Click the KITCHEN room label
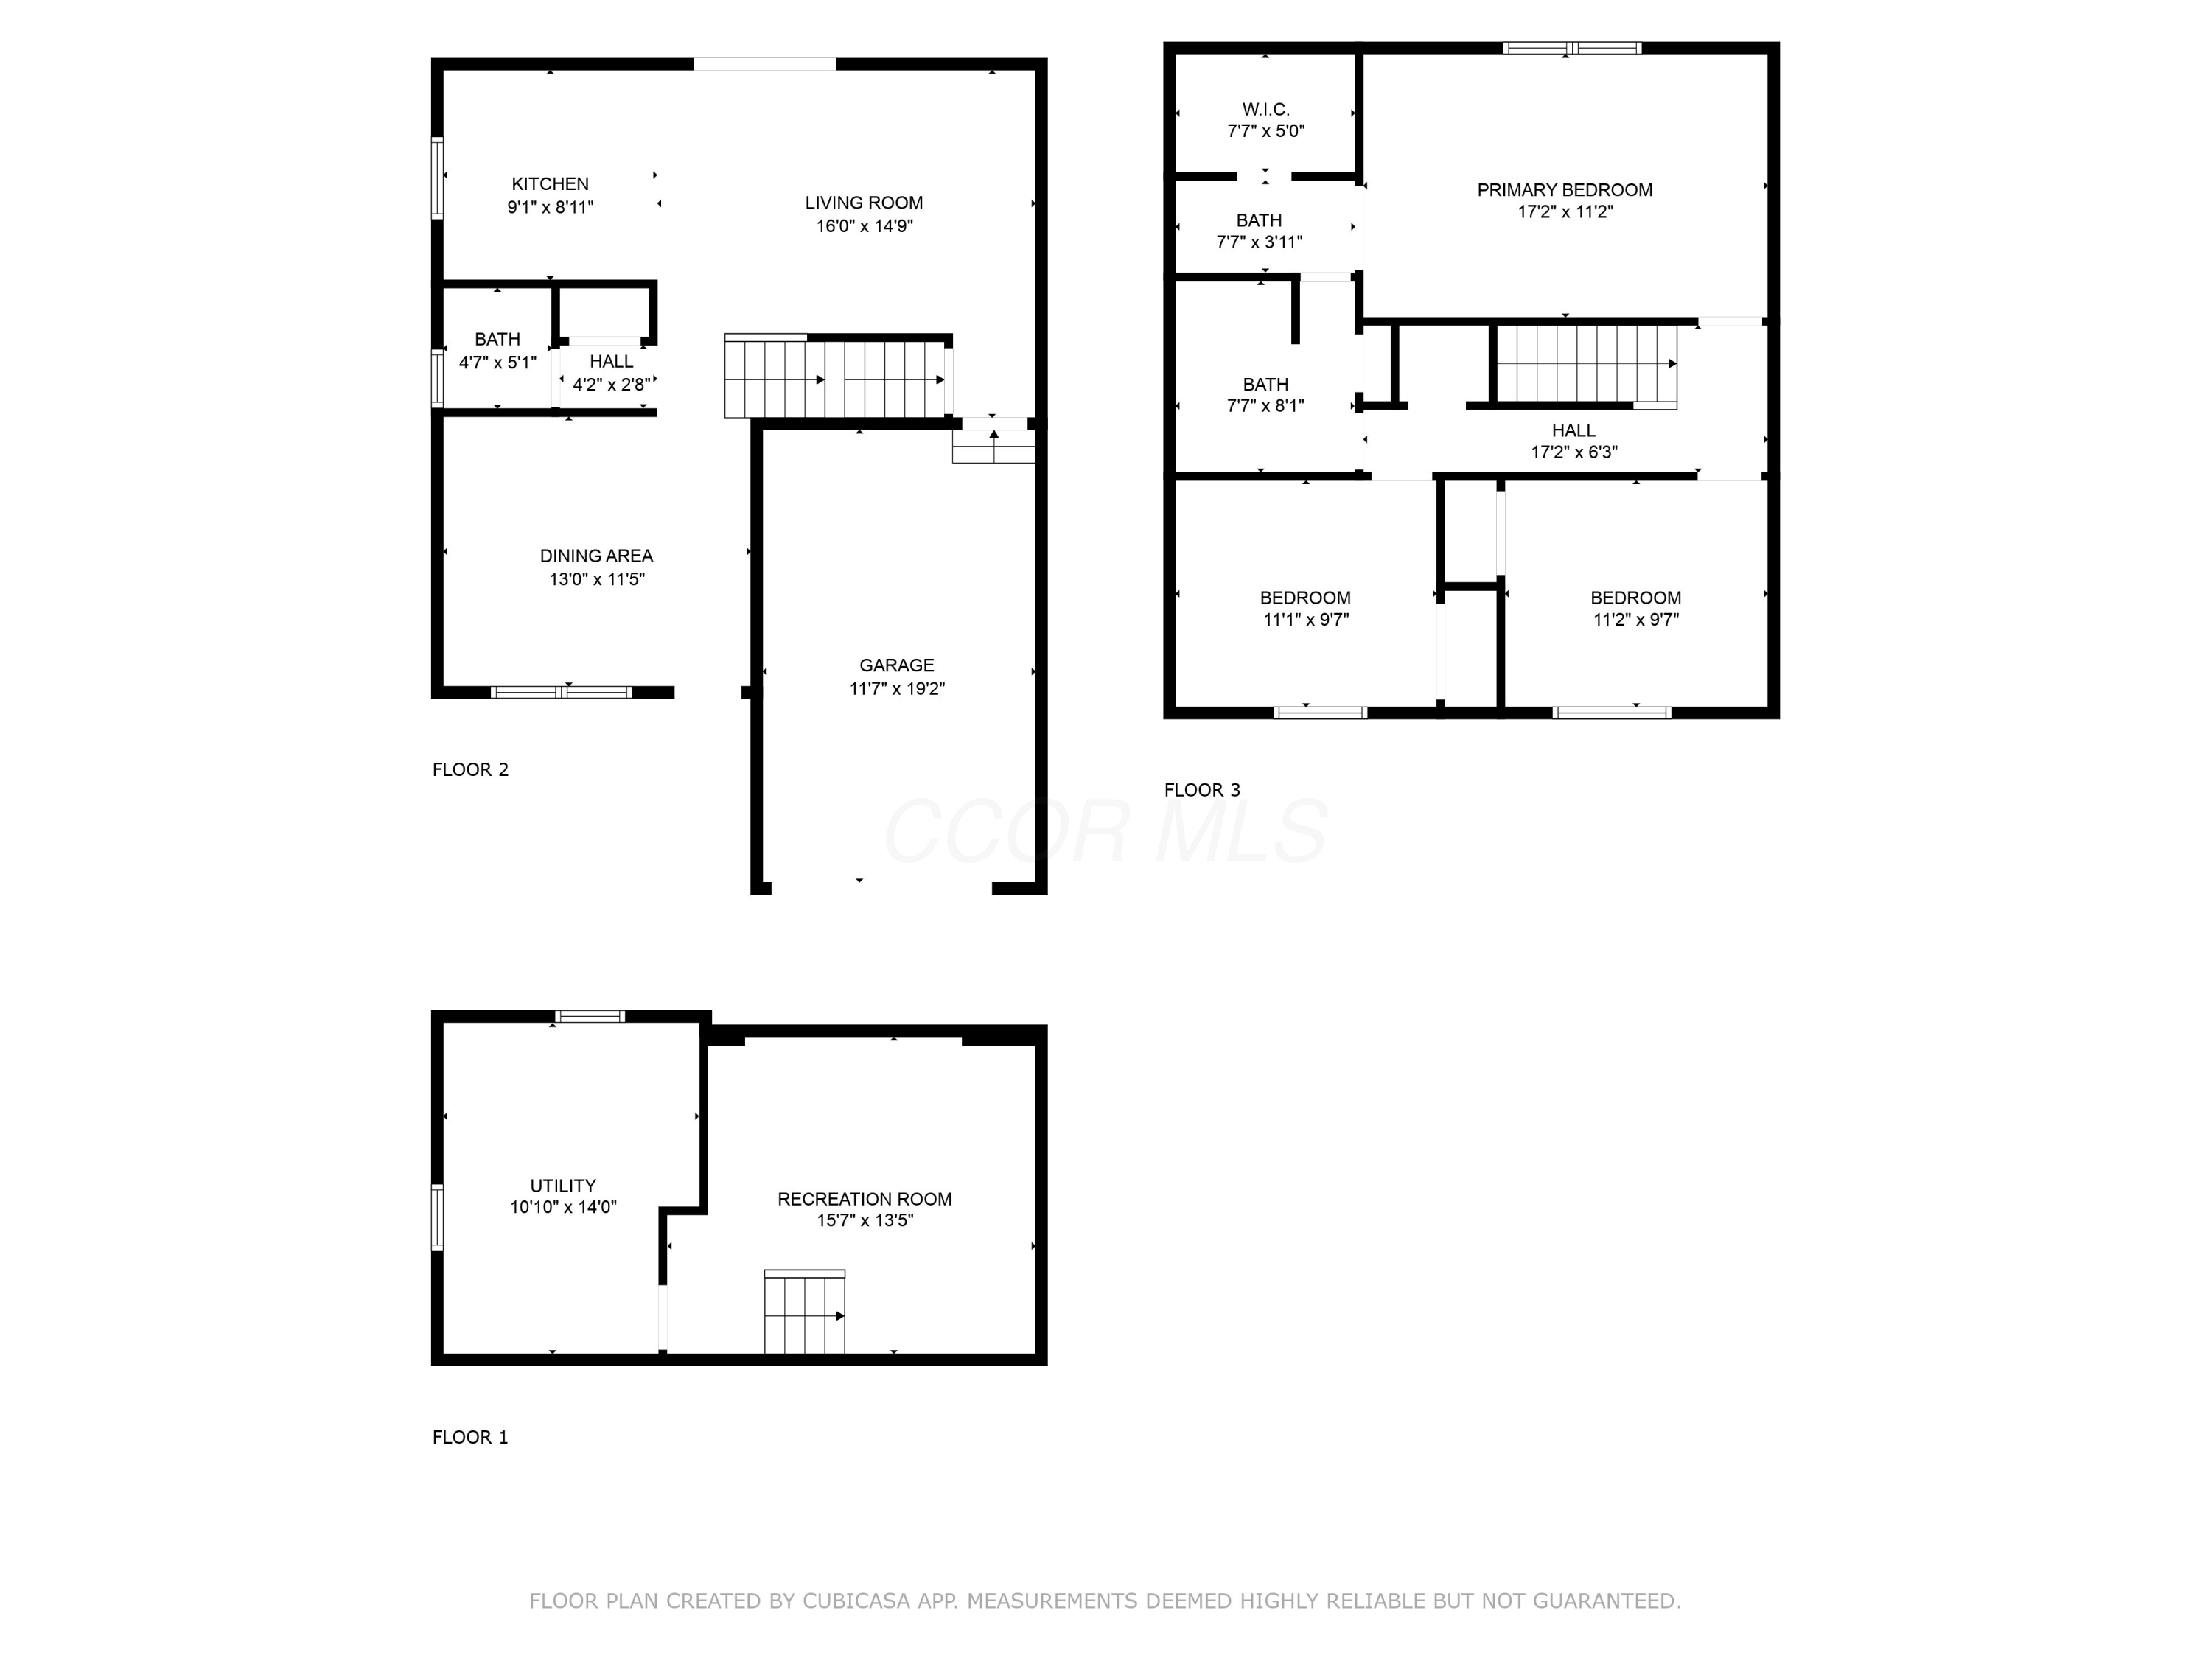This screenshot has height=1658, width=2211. (550, 184)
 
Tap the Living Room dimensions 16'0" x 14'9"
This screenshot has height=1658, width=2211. (864, 226)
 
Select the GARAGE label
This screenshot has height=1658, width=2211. (897, 665)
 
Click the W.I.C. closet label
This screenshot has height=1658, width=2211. (1265, 109)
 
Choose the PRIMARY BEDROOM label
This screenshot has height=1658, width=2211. (1565, 190)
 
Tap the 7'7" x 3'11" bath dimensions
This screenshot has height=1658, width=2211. (1259, 242)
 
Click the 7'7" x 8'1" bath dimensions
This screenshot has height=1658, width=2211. (1265, 406)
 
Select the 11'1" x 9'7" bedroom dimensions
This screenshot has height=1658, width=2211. (1305, 620)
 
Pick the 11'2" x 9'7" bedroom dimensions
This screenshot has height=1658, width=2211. (1635, 620)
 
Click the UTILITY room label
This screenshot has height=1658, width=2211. (563, 1185)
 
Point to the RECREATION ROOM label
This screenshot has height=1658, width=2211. (864, 1198)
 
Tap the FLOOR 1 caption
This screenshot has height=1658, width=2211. (469, 1437)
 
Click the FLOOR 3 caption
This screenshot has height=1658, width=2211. (1201, 789)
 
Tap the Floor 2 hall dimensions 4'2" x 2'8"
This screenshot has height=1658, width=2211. (611, 384)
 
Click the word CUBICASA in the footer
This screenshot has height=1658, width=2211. (856, 1601)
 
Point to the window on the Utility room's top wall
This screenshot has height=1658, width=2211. (590, 1016)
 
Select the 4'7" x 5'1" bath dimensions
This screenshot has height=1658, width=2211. (497, 363)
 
